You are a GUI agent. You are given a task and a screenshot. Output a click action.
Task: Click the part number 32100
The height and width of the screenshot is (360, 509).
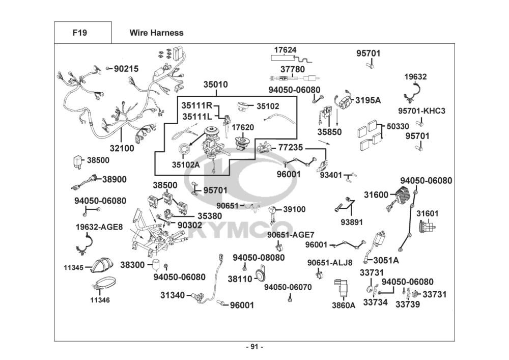122,149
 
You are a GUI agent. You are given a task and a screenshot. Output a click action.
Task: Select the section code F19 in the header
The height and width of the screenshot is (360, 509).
79,33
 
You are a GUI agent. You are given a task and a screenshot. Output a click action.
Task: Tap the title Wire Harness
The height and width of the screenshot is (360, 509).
156,33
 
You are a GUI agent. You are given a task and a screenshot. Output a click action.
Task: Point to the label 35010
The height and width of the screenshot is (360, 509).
215,85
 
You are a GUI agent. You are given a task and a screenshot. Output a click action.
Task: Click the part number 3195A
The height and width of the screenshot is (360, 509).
367,100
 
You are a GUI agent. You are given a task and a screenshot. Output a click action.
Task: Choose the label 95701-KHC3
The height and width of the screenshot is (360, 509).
421,111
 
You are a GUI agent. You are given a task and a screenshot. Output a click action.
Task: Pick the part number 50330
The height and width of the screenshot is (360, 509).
398,125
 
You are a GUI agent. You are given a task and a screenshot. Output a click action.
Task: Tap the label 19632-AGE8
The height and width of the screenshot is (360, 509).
99,227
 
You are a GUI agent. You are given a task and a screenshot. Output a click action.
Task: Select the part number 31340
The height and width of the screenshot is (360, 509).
173,295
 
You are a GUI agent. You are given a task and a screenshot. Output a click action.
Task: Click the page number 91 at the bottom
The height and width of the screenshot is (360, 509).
254,347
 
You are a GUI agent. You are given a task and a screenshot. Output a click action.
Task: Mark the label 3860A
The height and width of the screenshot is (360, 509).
344,306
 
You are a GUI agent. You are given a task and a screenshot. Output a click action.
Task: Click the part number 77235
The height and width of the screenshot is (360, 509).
290,147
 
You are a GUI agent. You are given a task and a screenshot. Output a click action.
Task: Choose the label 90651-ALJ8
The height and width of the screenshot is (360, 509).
330,263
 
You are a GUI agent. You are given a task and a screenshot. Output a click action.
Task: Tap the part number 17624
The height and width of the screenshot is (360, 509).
286,50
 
